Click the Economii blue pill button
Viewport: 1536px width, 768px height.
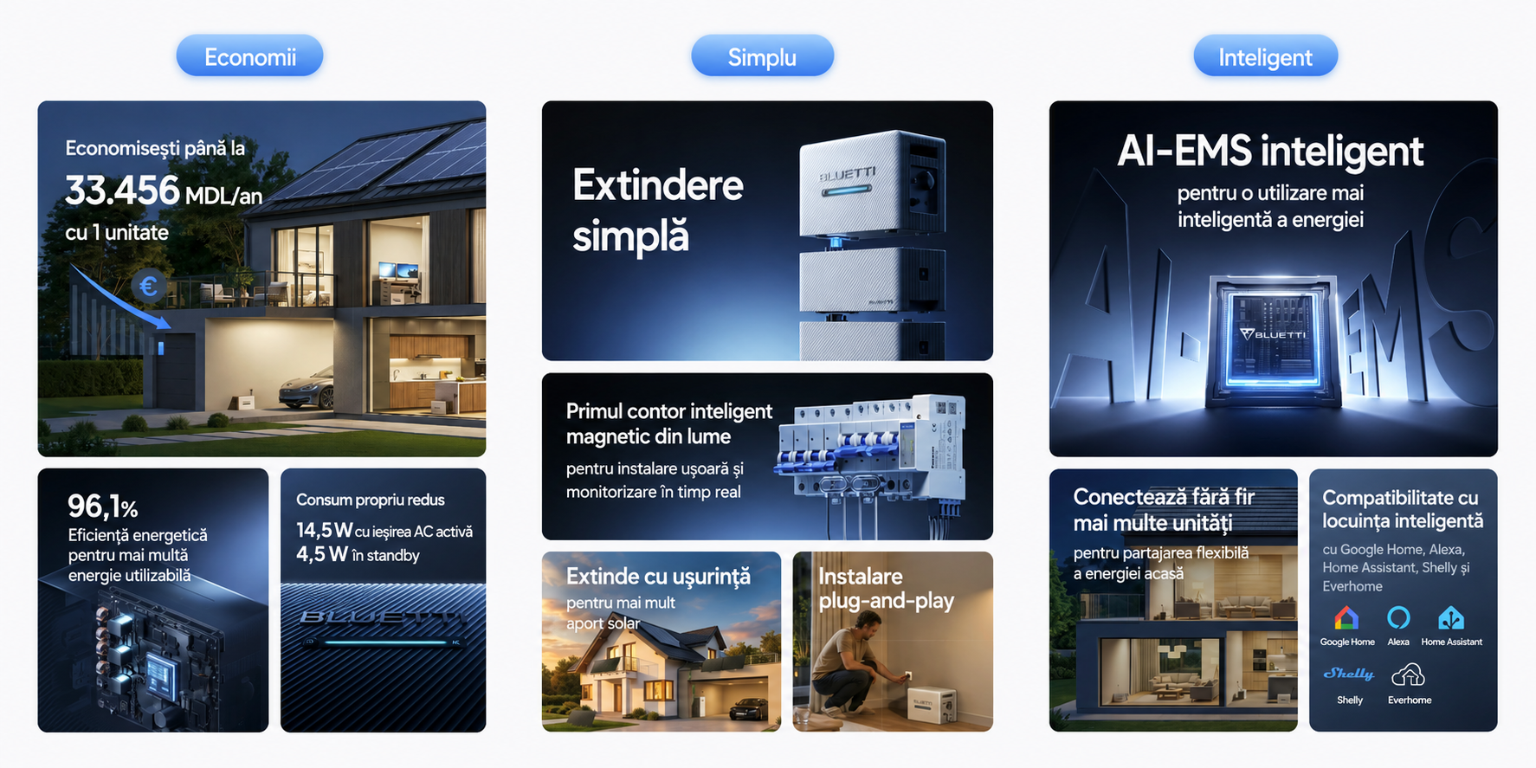tap(249, 56)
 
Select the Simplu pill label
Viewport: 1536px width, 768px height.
tap(762, 56)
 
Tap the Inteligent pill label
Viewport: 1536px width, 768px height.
tap(1265, 56)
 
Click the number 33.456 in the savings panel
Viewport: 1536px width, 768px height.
tap(122, 190)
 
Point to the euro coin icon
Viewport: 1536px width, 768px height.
tap(148, 286)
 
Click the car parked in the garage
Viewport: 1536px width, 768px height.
tap(307, 388)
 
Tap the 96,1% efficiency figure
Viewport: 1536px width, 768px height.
tap(102, 506)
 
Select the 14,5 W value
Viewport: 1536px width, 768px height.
tap(324, 530)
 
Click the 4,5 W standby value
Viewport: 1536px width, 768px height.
tap(322, 554)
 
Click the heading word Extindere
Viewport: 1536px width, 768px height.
tap(658, 185)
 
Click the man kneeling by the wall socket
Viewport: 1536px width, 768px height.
tap(849, 671)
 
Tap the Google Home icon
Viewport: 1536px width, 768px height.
tap(1346, 617)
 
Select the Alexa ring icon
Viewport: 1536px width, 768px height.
tap(1398, 617)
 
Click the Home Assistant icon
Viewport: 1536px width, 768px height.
tap(1451, 617)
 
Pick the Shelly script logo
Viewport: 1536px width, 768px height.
tap(1349, 674)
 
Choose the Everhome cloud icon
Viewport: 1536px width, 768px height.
tap(1408, 674)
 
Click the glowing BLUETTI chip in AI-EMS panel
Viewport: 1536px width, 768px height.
tap(1273, 338)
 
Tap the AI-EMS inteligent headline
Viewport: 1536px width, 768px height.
tap(1270, 152)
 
